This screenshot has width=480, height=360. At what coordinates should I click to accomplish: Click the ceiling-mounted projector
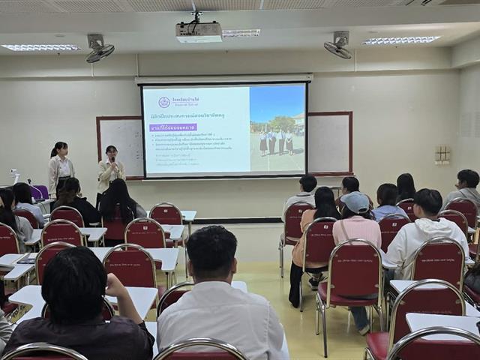[x=199, y=31]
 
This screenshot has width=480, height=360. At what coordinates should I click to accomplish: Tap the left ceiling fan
[x=99, y=49]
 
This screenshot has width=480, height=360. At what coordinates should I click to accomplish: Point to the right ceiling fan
[x=337, y=47]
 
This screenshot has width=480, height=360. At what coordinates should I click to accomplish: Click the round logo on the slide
[x=164, y=102]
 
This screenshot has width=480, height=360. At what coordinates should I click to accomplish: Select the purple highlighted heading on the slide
[x=172, y=127]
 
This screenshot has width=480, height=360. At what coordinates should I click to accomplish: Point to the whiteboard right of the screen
[x=329, y=142]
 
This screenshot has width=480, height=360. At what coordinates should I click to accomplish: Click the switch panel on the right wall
[x=442, y=154]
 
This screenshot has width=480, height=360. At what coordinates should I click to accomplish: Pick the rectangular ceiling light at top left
[x=40, y=48]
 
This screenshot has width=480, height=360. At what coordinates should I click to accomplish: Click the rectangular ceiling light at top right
[x=402, y=40]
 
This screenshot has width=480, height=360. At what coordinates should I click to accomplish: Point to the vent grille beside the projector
[x=241, y=33]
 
